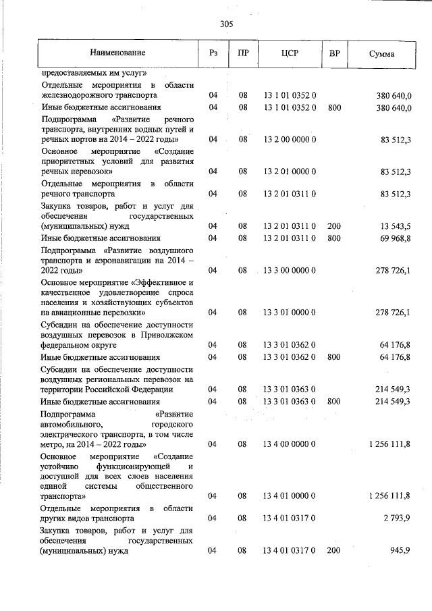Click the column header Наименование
click(x=117, y=53)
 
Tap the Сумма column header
click(x=382, y=53)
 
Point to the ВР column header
click(x=333, y=53)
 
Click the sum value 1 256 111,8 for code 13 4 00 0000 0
click(x=390, y=444)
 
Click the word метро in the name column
click(x=52, y=445)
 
